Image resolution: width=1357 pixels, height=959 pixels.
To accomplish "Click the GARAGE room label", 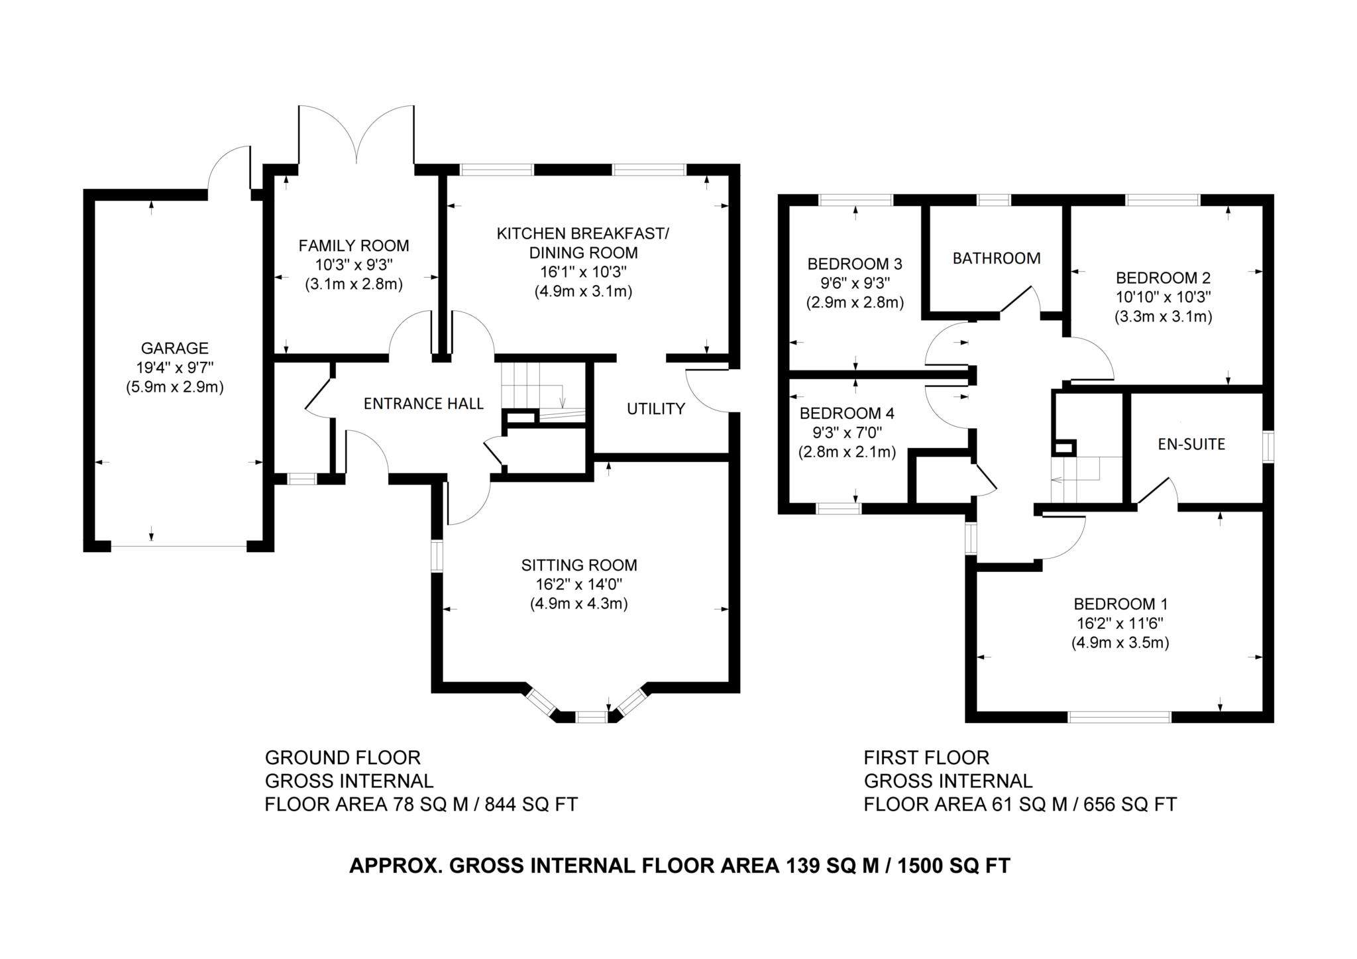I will click(174, 348).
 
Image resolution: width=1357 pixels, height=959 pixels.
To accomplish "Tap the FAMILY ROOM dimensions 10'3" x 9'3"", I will click(354, 265).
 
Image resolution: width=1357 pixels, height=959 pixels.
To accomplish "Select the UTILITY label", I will click(655, 409).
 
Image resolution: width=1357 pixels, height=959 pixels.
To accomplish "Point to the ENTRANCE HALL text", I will click(423, 404).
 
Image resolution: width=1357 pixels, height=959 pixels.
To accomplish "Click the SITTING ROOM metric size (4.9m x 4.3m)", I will click(578, 604).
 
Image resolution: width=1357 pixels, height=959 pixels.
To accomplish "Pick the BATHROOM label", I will click(996, 258).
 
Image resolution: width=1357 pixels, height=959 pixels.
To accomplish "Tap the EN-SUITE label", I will click(1191, 444).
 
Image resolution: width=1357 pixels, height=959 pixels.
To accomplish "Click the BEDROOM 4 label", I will click(847, 414).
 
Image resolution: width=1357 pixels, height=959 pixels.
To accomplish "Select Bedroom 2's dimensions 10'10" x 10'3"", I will click(1163, 297).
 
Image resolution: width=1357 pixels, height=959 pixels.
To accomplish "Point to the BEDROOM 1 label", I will click(1120, 604).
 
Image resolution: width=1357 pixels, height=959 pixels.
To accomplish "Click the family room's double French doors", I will click(356, 136).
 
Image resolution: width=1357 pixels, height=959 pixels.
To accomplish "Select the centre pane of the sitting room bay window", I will click(590, 716).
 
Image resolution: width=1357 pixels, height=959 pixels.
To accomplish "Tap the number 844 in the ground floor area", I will click(503, 805).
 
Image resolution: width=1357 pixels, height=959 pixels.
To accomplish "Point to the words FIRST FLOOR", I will click(926, 758).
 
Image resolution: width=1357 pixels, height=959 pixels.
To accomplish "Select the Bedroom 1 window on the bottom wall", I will click(1119, 716).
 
